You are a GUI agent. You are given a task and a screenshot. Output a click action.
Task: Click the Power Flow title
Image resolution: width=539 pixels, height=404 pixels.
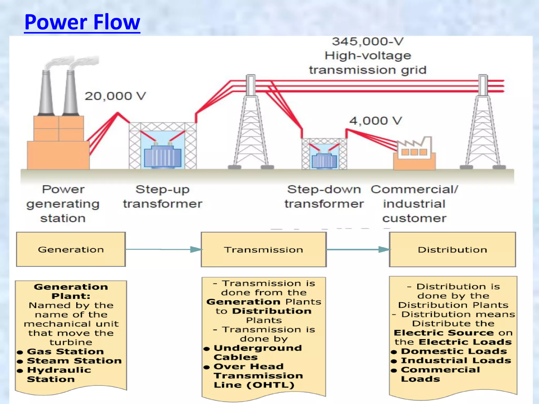click(82, 22)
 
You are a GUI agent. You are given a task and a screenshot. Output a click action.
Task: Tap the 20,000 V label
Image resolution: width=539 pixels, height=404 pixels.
click(115, 96)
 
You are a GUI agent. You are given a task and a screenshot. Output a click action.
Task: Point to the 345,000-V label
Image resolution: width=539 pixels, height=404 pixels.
click(367, 42)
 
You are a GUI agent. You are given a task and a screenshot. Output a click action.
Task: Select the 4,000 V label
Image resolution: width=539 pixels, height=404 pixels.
click(376, 121)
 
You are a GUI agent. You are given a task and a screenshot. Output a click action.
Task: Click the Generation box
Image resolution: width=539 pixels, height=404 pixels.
click(71, 249)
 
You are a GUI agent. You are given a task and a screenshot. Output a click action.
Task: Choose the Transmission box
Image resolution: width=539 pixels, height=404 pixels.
click(263, 250)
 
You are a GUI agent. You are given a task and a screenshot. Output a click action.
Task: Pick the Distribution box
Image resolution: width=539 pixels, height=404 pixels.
click(452, 250)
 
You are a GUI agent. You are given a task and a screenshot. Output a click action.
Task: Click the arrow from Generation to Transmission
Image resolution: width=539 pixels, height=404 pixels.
click(163, 249)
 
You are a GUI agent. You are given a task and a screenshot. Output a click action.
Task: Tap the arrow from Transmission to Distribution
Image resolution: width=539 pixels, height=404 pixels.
click(358, 249)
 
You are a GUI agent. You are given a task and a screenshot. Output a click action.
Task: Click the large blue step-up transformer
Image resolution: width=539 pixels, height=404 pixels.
click(163, 157)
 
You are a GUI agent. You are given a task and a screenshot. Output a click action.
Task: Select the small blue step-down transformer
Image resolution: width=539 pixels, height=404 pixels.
click(324, 161)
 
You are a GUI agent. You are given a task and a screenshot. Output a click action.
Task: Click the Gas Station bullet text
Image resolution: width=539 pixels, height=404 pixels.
click(65, 351)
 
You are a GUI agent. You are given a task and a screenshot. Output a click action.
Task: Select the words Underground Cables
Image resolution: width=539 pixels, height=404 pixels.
click(257, 352)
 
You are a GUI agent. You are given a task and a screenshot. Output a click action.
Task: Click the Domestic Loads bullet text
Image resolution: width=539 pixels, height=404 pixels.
click(454, 351)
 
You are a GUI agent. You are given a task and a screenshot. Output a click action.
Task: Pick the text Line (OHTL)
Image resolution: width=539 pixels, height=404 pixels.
click(254, 385)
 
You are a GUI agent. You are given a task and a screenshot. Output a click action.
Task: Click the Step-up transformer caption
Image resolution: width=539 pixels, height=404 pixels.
click(162, 196)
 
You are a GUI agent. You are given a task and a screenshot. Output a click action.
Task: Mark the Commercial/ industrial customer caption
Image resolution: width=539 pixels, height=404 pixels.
click(414, 204)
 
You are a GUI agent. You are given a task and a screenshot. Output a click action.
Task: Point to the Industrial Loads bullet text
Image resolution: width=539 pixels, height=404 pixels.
click(456, 360)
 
